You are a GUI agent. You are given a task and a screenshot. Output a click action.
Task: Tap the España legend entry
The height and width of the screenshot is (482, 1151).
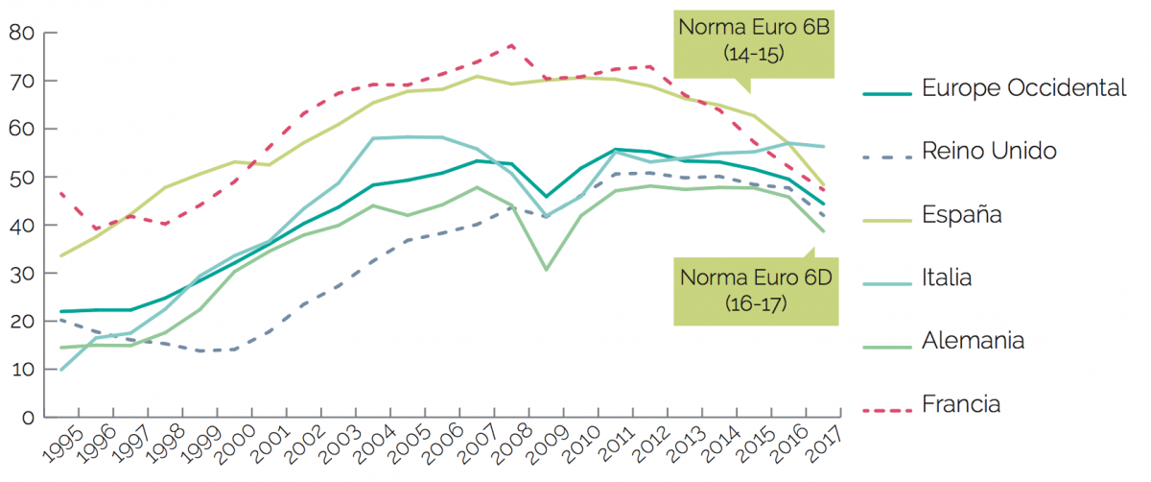tap(962, 214)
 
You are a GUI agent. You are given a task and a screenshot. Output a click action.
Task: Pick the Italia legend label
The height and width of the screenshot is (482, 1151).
tap(947, 278)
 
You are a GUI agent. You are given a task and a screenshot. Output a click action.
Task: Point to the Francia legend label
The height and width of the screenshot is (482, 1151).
tap(961, 404)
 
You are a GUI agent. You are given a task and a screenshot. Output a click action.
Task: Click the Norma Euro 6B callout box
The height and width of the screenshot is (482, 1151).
tap(754, 40)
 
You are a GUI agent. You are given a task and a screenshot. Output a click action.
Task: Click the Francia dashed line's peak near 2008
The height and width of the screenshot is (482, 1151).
tap(512, 45)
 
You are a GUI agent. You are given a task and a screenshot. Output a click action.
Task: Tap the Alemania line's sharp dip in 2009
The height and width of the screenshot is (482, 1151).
tap(546, 270)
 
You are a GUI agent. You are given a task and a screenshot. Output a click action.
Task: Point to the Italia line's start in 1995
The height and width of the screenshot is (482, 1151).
tap(60, 370)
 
